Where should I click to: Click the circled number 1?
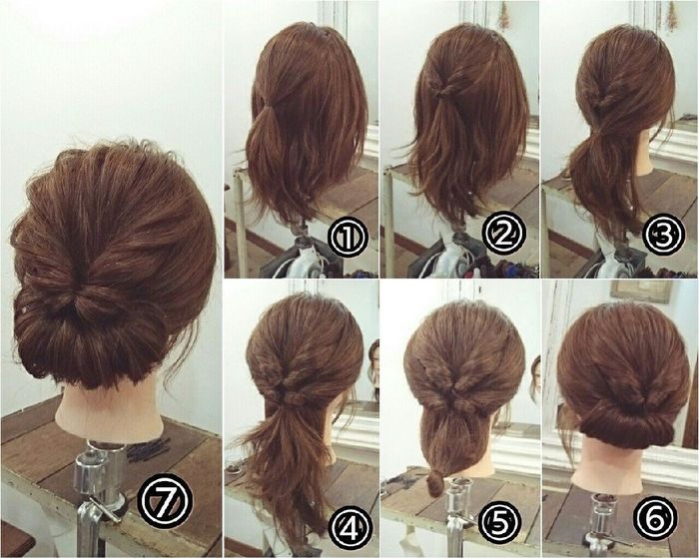click(x=349, y=237)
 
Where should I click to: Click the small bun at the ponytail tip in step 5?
click(x=436, y=485)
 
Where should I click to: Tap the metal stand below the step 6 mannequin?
click(x=605, y=524)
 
